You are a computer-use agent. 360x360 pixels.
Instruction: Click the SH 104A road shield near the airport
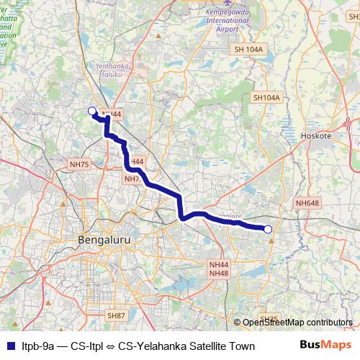(249, 49)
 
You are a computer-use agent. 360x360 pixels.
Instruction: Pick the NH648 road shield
(307, 204)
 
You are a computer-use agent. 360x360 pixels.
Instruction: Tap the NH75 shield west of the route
(78, 165)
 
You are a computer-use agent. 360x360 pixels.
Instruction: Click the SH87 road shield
(116, 315)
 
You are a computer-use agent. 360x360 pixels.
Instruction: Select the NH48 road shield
(219, 274)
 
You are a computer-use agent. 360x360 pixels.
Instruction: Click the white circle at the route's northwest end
(91, 111)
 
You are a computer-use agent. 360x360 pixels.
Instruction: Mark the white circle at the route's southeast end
(268, 230)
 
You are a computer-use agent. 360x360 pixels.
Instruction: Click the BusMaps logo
(326, 345)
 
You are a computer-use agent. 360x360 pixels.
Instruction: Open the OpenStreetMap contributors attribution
(297, 323)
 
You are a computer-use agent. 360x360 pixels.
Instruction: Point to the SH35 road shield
(269, 318)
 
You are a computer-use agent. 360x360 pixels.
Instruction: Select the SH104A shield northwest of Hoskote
(266, 97)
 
